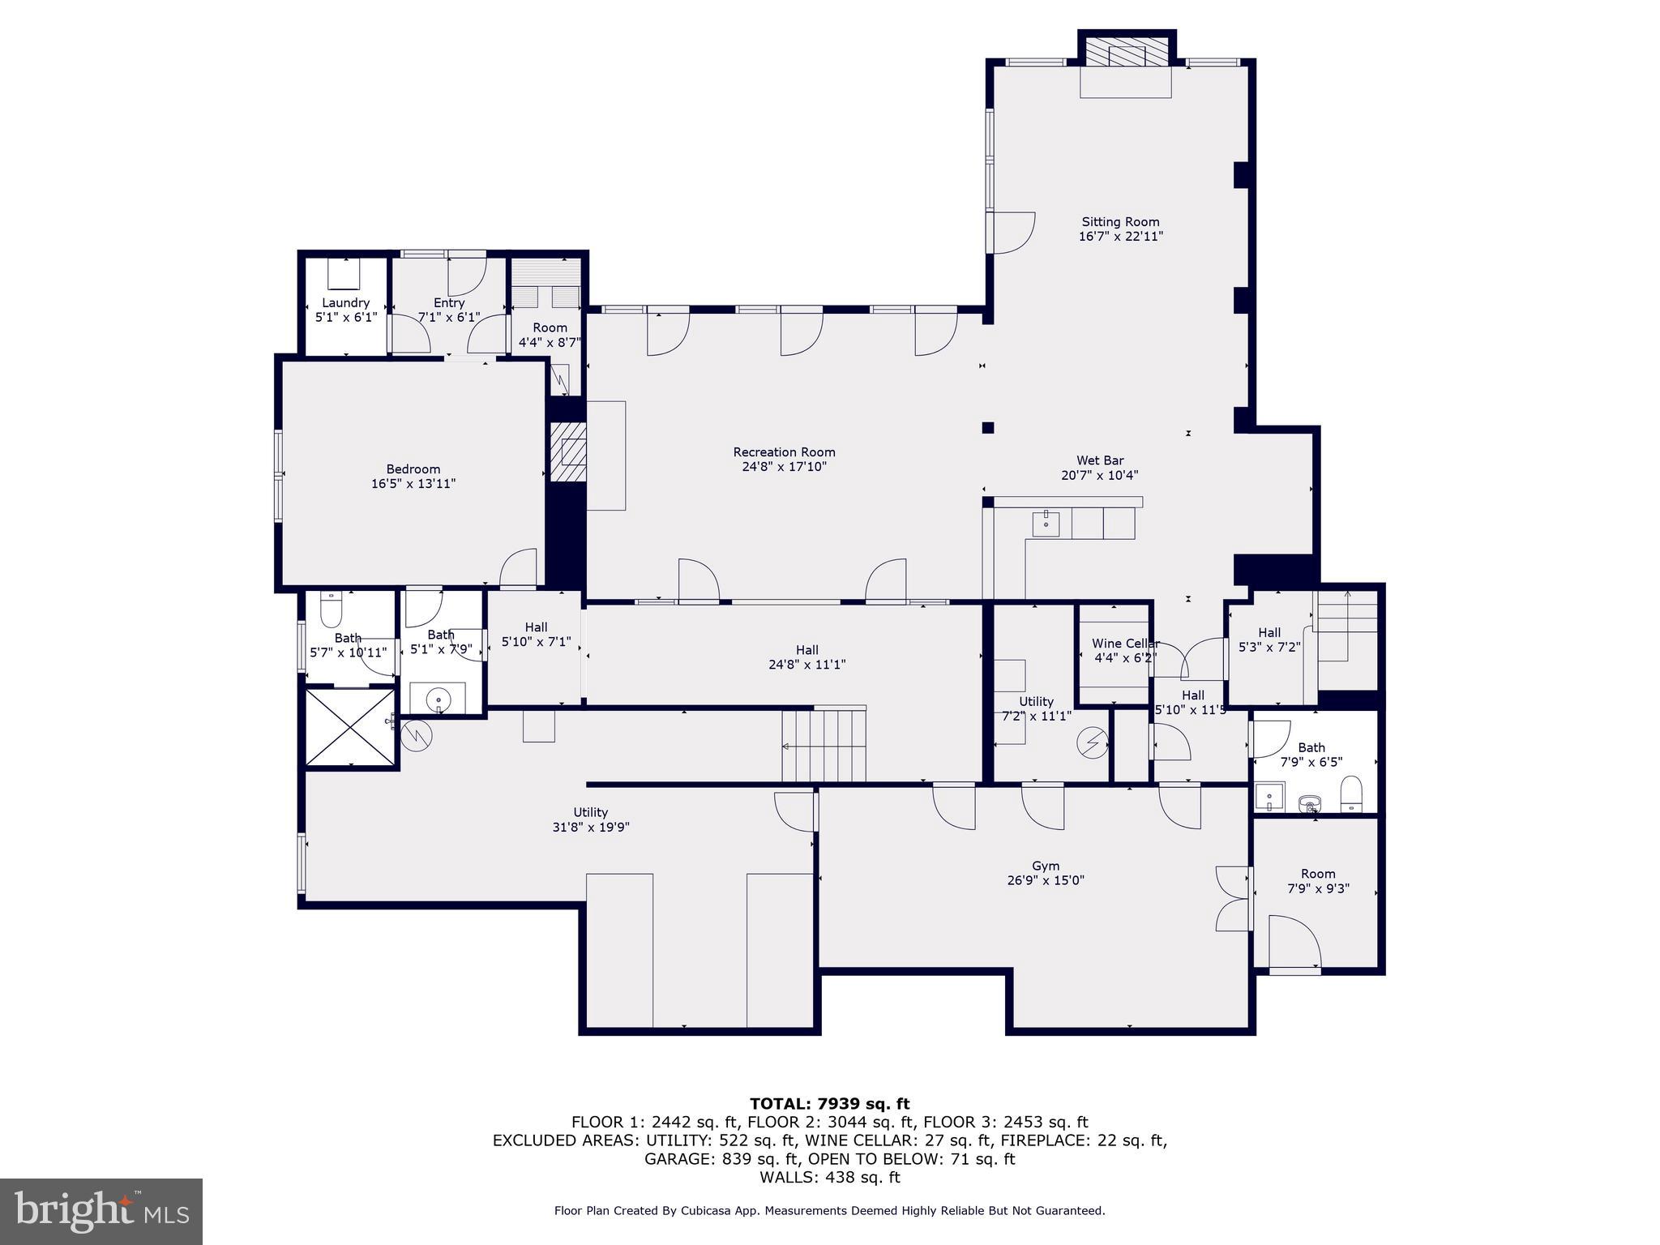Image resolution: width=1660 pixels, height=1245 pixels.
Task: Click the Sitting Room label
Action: (1120, 221)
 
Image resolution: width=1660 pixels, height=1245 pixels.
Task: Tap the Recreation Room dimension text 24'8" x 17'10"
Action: (784, 467)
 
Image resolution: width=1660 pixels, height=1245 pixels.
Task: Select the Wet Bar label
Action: (1100, 460)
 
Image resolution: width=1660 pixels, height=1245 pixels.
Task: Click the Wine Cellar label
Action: (1124, 644)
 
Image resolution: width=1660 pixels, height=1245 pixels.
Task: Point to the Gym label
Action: (1046, 866)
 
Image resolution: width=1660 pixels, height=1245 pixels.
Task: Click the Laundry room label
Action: (346, 302)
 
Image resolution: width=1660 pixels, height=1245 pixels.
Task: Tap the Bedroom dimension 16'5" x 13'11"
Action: (413, 484)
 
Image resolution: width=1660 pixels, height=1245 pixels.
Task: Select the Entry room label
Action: (449, 302)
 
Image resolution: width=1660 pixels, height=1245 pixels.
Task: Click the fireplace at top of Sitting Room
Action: (1126, 55)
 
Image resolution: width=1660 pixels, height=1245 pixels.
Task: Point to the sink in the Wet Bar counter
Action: (1046, 523)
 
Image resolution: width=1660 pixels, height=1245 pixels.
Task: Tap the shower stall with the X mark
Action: (350, 726)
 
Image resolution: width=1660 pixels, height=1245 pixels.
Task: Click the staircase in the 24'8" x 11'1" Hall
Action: (825, 744)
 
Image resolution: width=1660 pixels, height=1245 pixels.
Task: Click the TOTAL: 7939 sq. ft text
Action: (829, 1103)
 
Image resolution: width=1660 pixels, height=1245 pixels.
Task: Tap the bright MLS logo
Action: (101, 1211)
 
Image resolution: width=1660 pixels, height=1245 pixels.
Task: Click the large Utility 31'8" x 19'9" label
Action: (590, 812)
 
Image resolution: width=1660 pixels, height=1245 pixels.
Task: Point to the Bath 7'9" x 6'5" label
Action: (1311, 747)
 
